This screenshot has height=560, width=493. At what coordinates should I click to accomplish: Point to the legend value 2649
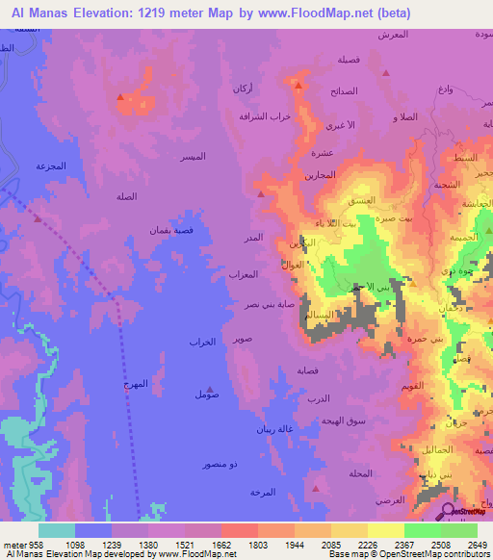point(465,545)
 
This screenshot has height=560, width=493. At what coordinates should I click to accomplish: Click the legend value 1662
point(221,545)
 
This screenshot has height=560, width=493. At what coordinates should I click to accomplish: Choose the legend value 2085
point(330,545)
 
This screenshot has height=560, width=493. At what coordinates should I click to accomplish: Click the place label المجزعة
point(50,165)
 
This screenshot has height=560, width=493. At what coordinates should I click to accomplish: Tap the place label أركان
point(243,89)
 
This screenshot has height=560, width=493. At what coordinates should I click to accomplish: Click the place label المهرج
point(136,383)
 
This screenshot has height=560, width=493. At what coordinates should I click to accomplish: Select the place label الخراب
point(200,343)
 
